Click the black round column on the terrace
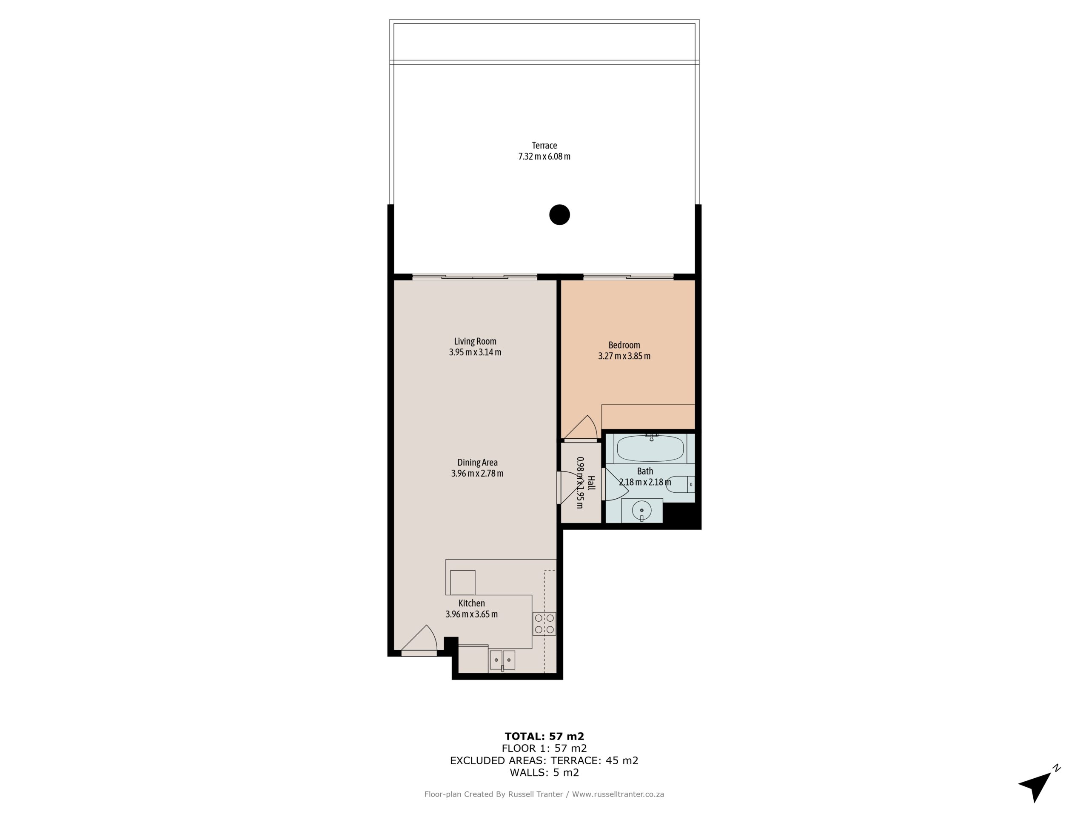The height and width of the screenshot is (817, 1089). coord(559,215)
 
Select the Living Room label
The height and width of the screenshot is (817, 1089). coord(475,341)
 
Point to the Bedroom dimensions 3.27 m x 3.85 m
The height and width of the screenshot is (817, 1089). coord(624,356)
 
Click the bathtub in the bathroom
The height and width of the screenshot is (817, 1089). coord(650,448)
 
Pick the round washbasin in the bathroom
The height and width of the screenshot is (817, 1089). coord(641,510)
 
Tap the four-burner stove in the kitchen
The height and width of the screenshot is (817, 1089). coord(544,623)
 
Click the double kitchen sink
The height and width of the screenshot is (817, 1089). coord(502,660)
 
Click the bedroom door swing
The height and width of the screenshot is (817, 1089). coord(582,428)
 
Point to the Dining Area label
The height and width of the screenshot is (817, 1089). coord(477,463)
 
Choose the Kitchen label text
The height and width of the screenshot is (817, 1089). coord(472,603)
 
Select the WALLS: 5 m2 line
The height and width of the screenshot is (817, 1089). coord(544,773)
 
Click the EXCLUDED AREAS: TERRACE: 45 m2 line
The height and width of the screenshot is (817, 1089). coord(544,761)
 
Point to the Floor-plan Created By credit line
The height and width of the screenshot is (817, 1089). coord(544,794)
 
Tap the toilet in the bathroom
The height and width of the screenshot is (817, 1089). coord(682,485)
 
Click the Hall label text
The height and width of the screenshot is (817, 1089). coord(591,483)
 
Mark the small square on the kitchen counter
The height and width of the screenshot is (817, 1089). coord(462,582)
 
